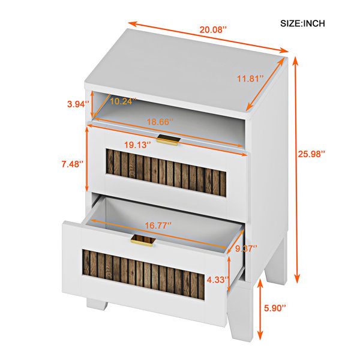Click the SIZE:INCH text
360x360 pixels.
coord(302,23)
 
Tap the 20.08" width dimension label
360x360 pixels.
coord(213,30)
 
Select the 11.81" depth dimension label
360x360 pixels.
coord(250,79)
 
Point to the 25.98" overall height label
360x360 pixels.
coord(311,154)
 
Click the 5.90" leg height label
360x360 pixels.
coord(275,308)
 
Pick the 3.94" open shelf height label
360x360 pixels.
coord(78,104)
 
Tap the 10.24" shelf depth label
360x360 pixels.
coord(123,101)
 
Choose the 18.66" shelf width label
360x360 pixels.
coord(160,122)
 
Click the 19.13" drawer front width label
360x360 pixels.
coord(137,145)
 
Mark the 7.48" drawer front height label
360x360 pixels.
coord(73,164)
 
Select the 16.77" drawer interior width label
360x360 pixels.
coord(158,226)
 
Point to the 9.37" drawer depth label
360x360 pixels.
coord(246,248)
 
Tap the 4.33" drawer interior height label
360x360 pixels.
coord(218,280)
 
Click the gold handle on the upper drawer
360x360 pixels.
coord(168,140)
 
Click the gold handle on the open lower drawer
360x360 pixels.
coord(143,241)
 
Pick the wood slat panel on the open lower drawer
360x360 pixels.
coord(143,275)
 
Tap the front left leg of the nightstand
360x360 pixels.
coord(97,304)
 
